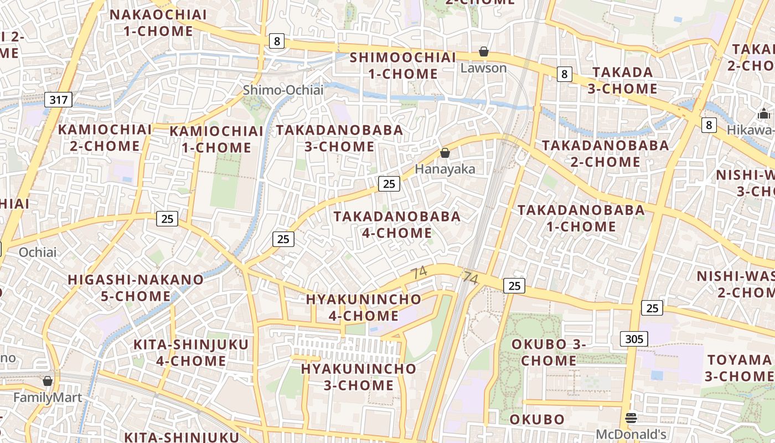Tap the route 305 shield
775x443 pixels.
coord(634,339)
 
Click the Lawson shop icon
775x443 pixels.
coord(484,51)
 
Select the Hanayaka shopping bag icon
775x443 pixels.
coord(445,153)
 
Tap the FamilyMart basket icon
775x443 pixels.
coord(48,381)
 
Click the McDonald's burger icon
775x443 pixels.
coord(631,418)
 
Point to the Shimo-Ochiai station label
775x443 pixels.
coord(283,90)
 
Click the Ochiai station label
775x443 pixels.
coord(38,253)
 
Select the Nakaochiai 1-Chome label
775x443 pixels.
coord(158,23)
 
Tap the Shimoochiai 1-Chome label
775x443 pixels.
coord(402,65)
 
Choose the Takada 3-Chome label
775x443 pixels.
coord(624,80)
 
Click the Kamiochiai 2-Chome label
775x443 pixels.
coord(105,138)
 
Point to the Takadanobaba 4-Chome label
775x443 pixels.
coord(397,224)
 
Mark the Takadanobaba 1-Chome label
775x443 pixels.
coord(581,218)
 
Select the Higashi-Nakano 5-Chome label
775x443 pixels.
coord(136,287)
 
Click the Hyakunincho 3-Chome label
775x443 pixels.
coord(358,377)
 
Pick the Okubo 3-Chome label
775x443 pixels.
coord(547,352)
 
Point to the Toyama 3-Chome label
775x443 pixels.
coord(739,368)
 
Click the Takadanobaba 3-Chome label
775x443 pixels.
coord(339,138)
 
